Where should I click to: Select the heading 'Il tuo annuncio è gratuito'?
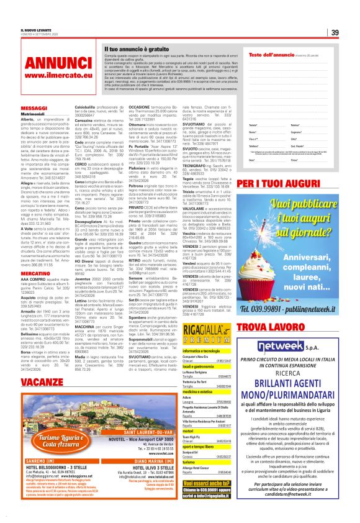137,48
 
